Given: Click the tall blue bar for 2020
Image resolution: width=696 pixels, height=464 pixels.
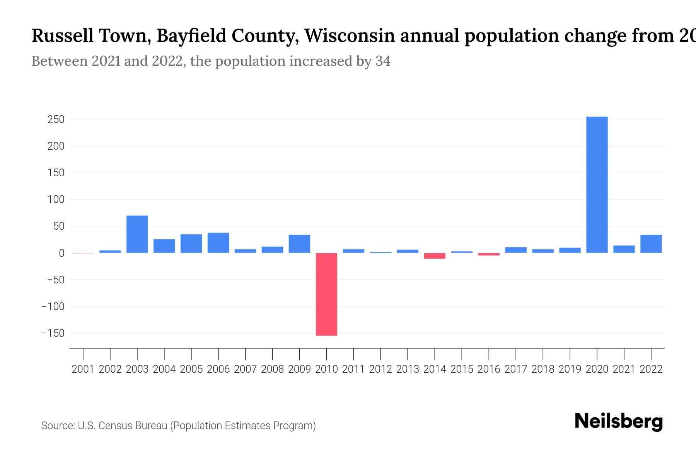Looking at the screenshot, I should click(597, 185).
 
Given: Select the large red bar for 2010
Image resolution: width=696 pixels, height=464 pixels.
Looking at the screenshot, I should click(326, 294).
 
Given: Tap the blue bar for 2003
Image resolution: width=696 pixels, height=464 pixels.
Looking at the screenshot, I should click(137, 234).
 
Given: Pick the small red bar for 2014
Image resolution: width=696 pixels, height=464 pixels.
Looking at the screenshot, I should click(435, 256).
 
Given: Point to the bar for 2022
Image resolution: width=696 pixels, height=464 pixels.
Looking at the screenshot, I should click(651, 244).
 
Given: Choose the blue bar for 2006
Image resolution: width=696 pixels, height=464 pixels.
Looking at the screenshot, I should click(218, 243).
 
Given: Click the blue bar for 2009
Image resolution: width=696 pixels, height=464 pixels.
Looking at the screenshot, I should click(299, 244).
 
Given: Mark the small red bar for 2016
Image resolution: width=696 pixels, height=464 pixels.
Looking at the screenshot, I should click(489, 254).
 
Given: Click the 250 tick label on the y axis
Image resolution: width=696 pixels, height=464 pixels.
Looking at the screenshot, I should click(56, 119).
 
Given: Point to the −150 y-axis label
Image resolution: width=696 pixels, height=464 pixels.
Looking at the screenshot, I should click(53, 333).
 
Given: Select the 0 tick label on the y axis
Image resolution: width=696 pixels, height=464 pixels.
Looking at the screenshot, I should click(61, 253).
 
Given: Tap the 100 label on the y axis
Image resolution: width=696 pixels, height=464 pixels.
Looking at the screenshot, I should click(56, 200).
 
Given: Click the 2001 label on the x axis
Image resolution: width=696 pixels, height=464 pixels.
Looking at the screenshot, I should click(83, 369).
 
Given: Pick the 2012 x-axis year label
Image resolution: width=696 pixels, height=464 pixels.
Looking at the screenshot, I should click(380, 369).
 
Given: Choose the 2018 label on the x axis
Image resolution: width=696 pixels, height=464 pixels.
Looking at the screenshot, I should click(543, 369).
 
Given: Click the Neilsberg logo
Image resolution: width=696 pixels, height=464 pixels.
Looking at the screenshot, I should click(619, 421).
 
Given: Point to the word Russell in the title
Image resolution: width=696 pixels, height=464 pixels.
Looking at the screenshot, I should click(62, 36).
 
